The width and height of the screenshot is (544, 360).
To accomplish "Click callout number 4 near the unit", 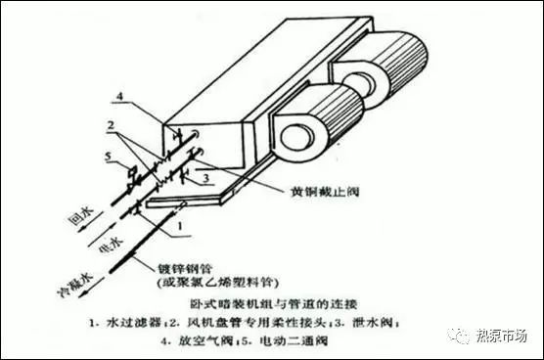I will (x=119, y=95).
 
